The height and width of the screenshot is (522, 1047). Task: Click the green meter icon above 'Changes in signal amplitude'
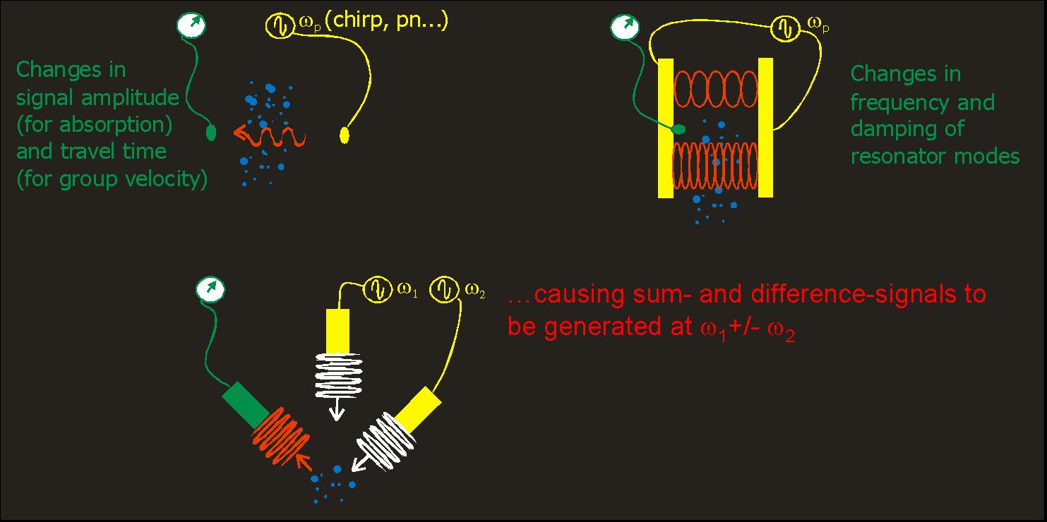tap(191, 25)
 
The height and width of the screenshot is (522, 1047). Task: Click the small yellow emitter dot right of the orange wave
tap(345, 133)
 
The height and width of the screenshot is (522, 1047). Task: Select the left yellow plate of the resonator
tap(666, 127)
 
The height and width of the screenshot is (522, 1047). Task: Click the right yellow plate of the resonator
tap(765, 127)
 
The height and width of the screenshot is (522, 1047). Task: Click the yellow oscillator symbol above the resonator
tap(783, 27)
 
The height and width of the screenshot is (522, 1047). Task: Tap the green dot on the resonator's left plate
tap(678, 129)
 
